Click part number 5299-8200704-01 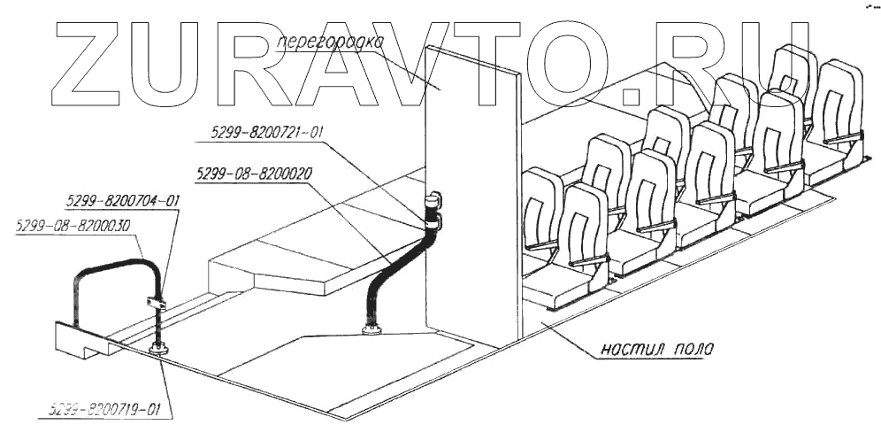pos(123,201)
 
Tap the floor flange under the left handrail pos(159,349)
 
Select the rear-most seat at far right pos(836,115)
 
